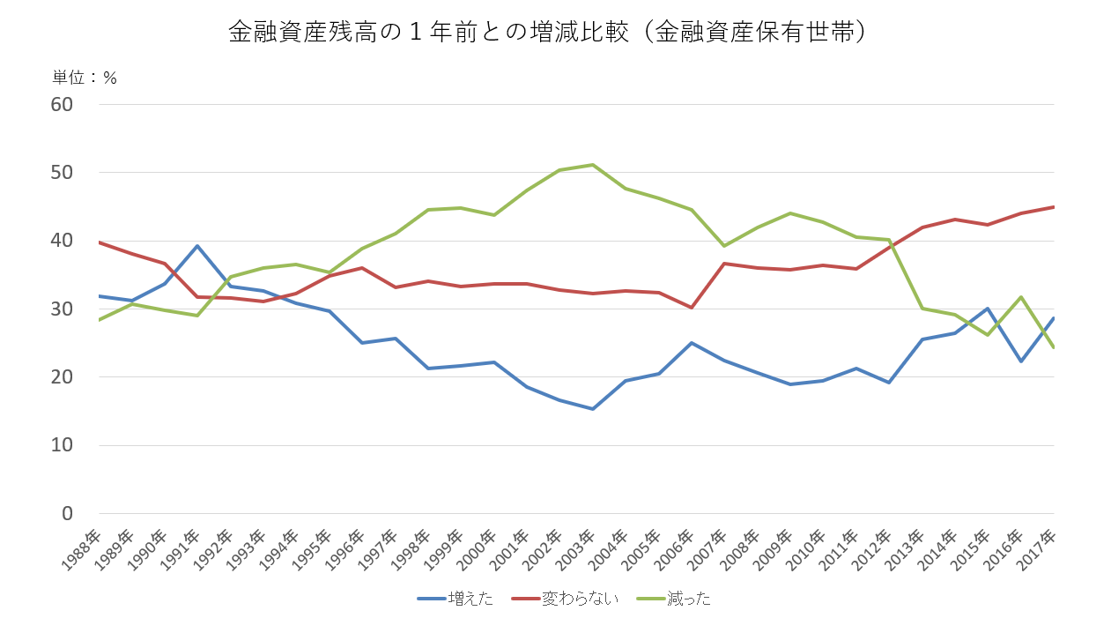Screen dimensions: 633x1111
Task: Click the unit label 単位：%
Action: coord(85,78)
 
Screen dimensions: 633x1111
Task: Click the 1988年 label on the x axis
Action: coord(85,548)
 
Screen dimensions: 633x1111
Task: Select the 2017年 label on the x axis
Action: coord(1039,548)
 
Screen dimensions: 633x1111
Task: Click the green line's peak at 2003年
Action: coord(593,165)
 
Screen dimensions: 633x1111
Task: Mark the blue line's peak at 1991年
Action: coord(198,246)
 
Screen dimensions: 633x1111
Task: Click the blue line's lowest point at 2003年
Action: coord(593,409)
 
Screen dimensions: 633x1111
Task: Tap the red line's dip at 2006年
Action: coord(692,308)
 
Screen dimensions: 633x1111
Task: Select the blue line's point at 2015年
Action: coord(988,309)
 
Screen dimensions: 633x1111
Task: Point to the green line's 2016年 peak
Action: coord(1020,297)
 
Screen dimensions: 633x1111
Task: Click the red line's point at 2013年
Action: coord(922,227)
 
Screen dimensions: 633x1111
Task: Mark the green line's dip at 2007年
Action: coord(724,246)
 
